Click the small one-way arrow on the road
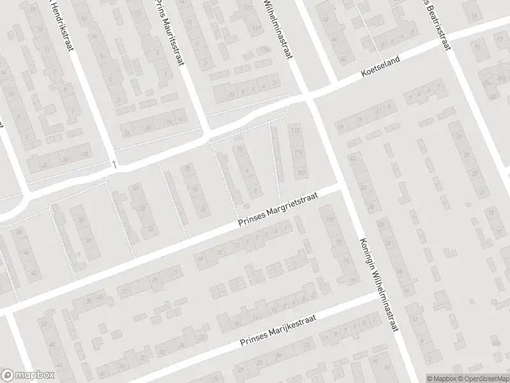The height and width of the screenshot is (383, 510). [x=114, y=164]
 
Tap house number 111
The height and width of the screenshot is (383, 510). [x=298, y=154]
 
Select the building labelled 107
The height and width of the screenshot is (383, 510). [x=302, y=172]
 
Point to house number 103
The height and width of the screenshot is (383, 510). [x=330, y=220]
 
